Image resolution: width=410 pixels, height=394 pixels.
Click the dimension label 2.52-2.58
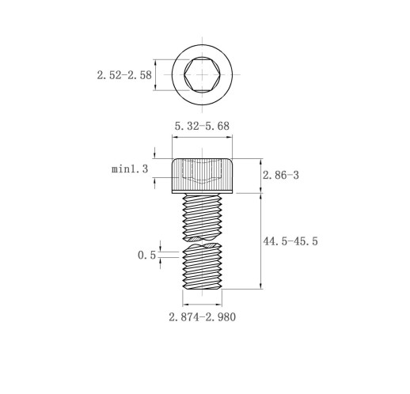[124, 75]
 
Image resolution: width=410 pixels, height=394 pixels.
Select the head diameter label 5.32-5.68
[202, 126]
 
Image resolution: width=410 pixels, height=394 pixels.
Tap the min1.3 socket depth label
[130, 169]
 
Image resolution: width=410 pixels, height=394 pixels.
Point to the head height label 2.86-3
[281, 175]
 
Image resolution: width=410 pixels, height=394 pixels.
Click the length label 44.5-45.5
[290, 241]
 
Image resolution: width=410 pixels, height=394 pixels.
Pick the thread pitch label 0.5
[147, 255]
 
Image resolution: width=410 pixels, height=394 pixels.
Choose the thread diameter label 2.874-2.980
[203, 317]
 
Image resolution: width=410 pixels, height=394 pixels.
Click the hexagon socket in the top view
[203, 75]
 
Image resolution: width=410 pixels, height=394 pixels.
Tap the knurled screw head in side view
[203, 174]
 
